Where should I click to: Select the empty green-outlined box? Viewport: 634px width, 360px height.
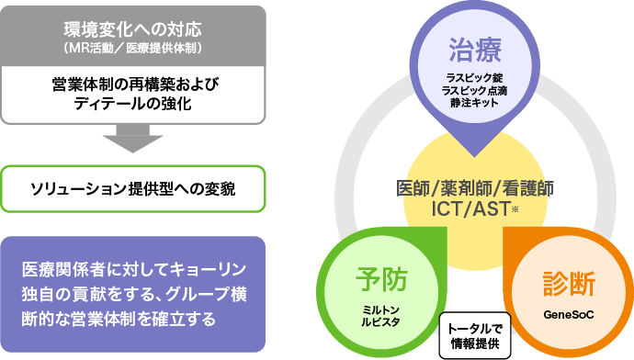pyautogui.click(x=133, y=188)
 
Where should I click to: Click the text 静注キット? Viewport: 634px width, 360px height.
pyautogui.click(x=474, y=103)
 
